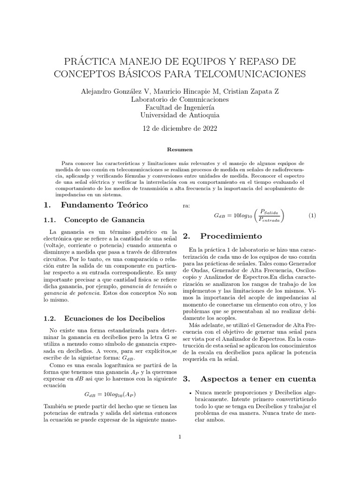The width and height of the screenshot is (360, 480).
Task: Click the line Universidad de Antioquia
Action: point(180,115)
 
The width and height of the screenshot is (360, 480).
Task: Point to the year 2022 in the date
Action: point(209,128)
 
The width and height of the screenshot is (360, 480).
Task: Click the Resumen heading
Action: point(180,150)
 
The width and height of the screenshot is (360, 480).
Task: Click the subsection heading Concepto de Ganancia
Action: point(104,220)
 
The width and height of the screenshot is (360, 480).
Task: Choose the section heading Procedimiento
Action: point(231,236)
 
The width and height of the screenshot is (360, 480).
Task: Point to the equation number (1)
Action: point(313,216)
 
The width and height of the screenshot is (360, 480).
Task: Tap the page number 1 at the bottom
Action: point(180,437)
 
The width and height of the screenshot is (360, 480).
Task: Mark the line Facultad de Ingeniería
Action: point(180,107)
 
